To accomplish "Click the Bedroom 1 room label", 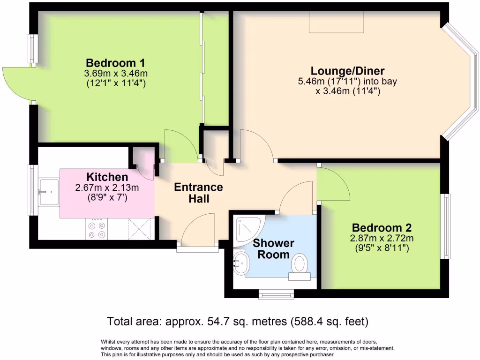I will [115, 63].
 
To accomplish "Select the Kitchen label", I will [107, 177].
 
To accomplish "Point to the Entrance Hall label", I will [198, 193].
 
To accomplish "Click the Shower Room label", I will [274, 249].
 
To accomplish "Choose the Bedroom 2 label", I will [382, 228].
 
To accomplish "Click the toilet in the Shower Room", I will [300, 265].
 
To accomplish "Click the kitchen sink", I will [49, 192].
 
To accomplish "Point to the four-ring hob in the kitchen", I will [97, 230].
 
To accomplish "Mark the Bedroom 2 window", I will [447, 226].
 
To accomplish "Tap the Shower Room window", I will [277, 295].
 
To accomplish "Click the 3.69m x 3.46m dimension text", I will [115, 74].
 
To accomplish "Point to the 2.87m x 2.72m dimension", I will [382, 239].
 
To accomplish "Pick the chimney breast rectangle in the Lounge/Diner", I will [337, 22].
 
